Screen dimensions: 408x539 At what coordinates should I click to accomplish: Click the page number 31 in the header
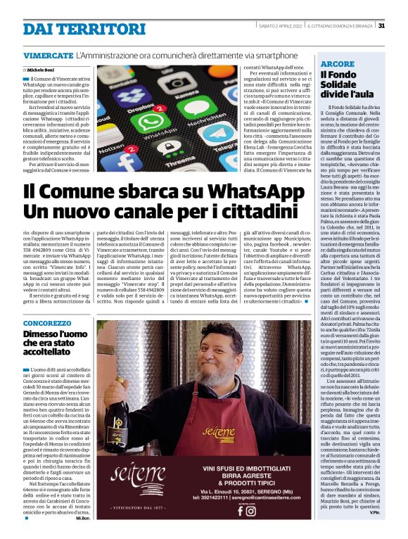[x=381, y=26]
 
